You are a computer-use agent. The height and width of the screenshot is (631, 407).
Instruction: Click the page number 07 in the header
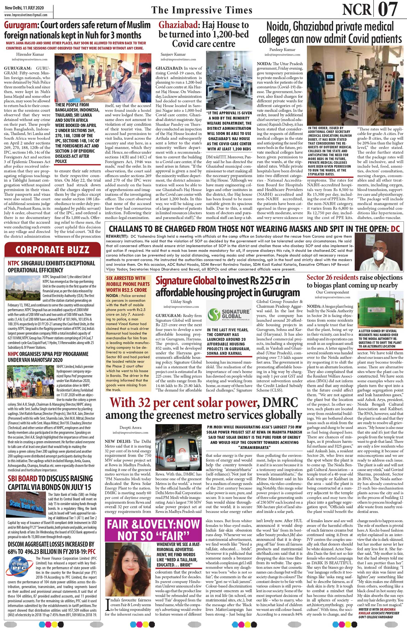tap(388, 9)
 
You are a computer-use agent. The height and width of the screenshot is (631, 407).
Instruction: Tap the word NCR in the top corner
tap(357, 9)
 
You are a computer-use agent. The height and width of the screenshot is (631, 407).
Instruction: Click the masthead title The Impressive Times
tap(202, 10)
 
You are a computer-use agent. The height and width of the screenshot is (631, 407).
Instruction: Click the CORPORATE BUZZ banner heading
tap(52, 250)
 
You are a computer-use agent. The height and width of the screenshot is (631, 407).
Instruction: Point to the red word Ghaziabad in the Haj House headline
tap(178, 25)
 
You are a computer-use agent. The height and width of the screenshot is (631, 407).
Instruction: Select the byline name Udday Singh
tap(181, 301)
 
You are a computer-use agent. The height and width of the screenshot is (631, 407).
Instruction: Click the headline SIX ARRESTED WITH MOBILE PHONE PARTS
tap(128, 284)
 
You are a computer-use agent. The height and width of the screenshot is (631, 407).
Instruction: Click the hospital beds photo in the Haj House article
tap(229, 79)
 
